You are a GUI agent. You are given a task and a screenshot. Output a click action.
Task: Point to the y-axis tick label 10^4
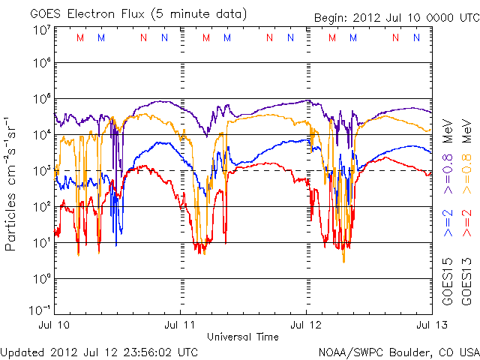(x=41, y=135)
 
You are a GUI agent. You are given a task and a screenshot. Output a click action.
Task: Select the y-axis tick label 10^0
(x=41, y=279)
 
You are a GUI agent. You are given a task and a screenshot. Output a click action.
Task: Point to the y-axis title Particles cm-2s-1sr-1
(x=12, y=183)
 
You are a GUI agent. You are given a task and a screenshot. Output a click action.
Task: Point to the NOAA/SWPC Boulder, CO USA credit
(x=398, y=351)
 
